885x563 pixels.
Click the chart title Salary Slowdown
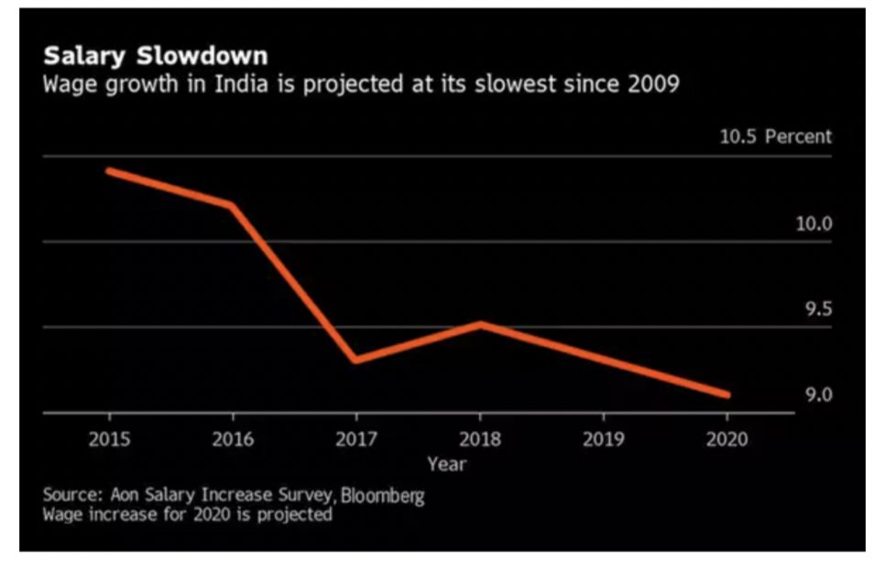pyautogui.click(x=156, y=56)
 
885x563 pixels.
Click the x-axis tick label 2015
pyautogui.click(x=109, y=438)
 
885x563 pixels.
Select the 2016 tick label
pyautogui.click(x=233, y=438)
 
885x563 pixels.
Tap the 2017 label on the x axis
pyautogui.click(x=356, y=438)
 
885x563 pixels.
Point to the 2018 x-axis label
pyautogui.click(x=480, y=438)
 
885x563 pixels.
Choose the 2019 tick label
pyautogui.click(x=604, y=438)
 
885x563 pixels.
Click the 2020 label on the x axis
pyautogui.click(x=727, y=438)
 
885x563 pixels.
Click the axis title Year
pyautogui.click(x=446, y=464)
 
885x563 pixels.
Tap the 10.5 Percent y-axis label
pyautogui.click(x=775, y=137)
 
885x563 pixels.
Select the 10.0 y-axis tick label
pyautogui.click(x=814, y=224)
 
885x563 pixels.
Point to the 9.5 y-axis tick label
pyautogui.click(x=818, y=309)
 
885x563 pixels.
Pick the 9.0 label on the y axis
pyautogui.click(x=818, y=395)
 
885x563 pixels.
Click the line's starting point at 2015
pyautogui.click(x=109, y=171)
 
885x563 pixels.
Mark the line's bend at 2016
pyautogui.click(x=232, y=204)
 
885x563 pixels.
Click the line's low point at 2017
pyautogui.click(x=355, y=359)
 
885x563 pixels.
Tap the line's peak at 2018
pyautogui.click(x=480, y=324)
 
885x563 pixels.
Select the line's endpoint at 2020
pyautogui.click(x=727, y=394)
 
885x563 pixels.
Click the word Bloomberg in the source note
pyautogui.click(x=383, y=496)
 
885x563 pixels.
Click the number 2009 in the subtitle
pyautogui.click(x=655, y=85)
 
